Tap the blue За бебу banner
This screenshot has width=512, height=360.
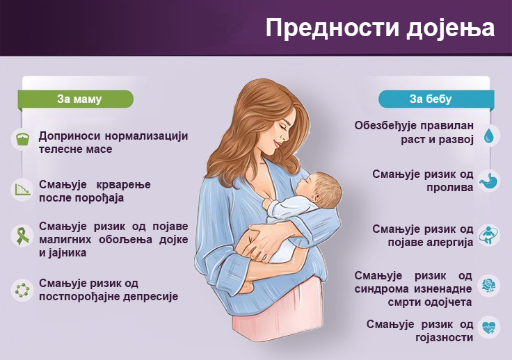click(x=436, y=99)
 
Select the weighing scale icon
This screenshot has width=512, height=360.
click(x=22, y=139)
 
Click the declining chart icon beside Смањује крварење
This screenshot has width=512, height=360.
click(x=22, y=190)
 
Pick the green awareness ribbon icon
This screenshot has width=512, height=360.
click(x=22, y=236)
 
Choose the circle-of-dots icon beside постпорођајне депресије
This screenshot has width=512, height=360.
click(x=22, y=290)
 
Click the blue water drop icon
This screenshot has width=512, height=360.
click(x=489, y=135)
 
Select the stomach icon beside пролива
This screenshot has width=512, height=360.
click(x=489, y=180)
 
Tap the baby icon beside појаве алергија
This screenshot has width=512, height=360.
click(x=489, y=235)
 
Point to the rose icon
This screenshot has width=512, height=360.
click(x=489, y=286)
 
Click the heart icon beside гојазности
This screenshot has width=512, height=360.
click(x=489, y=327)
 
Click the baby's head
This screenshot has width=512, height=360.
click(x=321, y=188)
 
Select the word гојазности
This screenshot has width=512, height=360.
click(x=445, y=338)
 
